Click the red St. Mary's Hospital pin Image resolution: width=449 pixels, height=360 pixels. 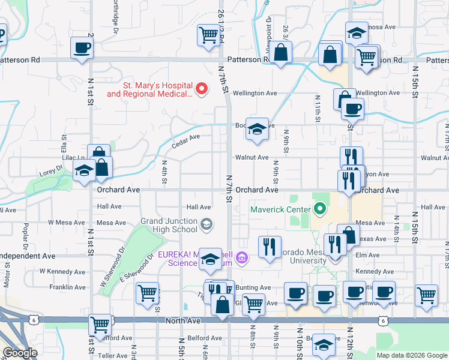coord(202,90)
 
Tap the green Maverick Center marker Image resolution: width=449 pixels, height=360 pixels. coord(319,209)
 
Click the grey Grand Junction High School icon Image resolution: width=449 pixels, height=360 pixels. coord(206,224)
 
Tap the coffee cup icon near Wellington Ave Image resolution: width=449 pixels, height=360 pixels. coord(352,109)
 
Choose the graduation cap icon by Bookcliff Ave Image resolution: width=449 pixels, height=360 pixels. coord(257,129)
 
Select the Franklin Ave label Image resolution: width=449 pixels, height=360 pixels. coord(67,287)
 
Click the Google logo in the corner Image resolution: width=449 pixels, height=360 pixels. coord(20,353)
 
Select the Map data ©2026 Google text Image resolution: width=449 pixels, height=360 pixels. coord(411,355)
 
